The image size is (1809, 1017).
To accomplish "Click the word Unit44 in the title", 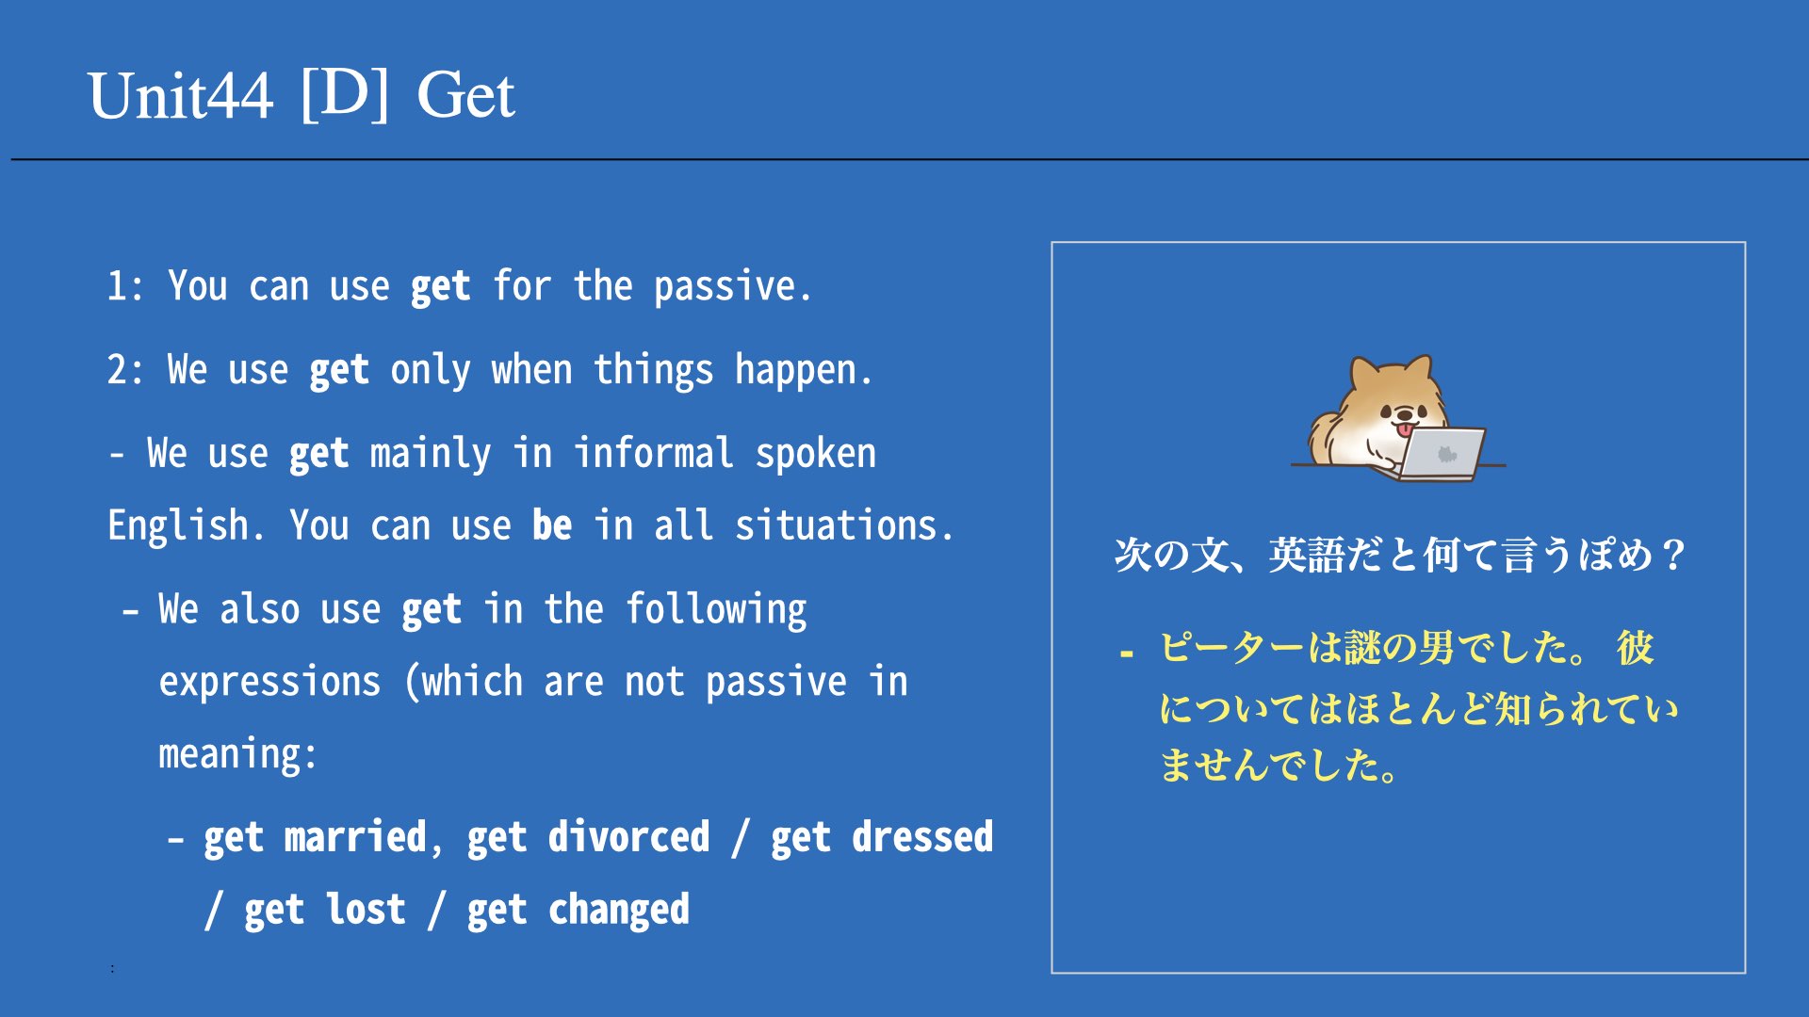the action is [x=181, y=96].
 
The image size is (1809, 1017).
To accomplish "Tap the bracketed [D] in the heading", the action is [x=345, y=94].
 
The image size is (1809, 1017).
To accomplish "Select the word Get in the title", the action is [x=465, y=96].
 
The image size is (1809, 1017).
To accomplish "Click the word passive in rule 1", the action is [x=732, y=287].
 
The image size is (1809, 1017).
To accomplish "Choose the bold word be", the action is [x=551, y=525].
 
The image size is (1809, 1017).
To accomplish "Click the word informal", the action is [x=654, y=453].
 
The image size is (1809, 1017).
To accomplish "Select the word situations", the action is [x=843, y=525].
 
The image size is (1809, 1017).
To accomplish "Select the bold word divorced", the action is [x=628, y=837].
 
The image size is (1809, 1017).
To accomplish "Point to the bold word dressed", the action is [x=922, y=837].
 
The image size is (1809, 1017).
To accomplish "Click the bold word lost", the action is [x=366, y=910].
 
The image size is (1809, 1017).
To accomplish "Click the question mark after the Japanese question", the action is [x=1673, y=555].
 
